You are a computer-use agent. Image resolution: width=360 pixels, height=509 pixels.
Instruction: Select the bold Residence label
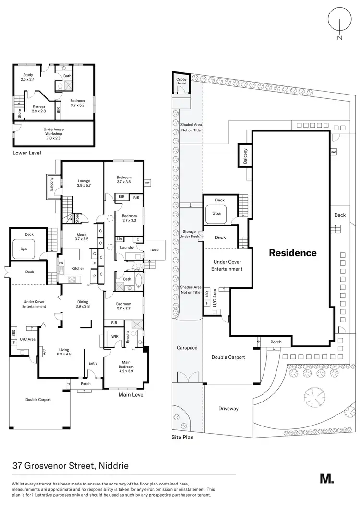[x=292, y=253]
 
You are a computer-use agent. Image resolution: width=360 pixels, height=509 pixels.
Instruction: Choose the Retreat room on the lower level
[x=38, y=108]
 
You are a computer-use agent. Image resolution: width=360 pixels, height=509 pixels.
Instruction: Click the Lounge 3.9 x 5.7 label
[x=84, y=183]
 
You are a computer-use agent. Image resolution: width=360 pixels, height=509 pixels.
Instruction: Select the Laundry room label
[x=127, y=248]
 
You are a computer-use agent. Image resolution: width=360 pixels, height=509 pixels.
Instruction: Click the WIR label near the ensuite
[x=114, y=337]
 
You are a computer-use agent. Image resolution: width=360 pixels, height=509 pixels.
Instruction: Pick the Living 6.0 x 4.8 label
[x=64, y=352]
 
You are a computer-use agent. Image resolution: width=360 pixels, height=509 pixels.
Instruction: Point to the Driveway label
[x=228, y=409]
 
